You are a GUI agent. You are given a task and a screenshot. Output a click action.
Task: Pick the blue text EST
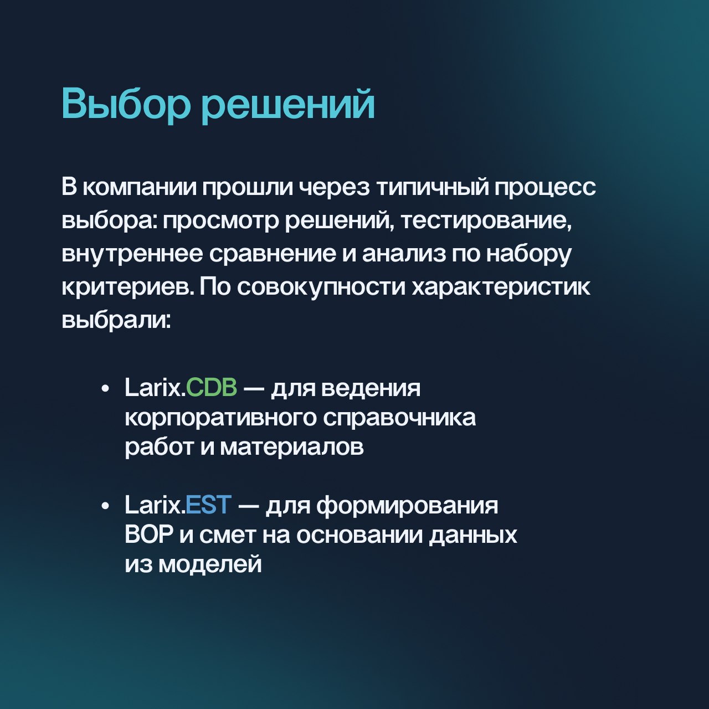(x=209, y=505)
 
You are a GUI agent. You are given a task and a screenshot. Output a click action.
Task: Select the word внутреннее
(x=132, y=255)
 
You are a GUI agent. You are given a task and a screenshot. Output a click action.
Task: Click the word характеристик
(x=501, y=288)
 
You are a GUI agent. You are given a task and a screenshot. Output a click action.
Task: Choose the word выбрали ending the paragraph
(x=116, y=321)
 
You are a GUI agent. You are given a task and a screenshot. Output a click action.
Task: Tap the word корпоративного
(x=220, y=419)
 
